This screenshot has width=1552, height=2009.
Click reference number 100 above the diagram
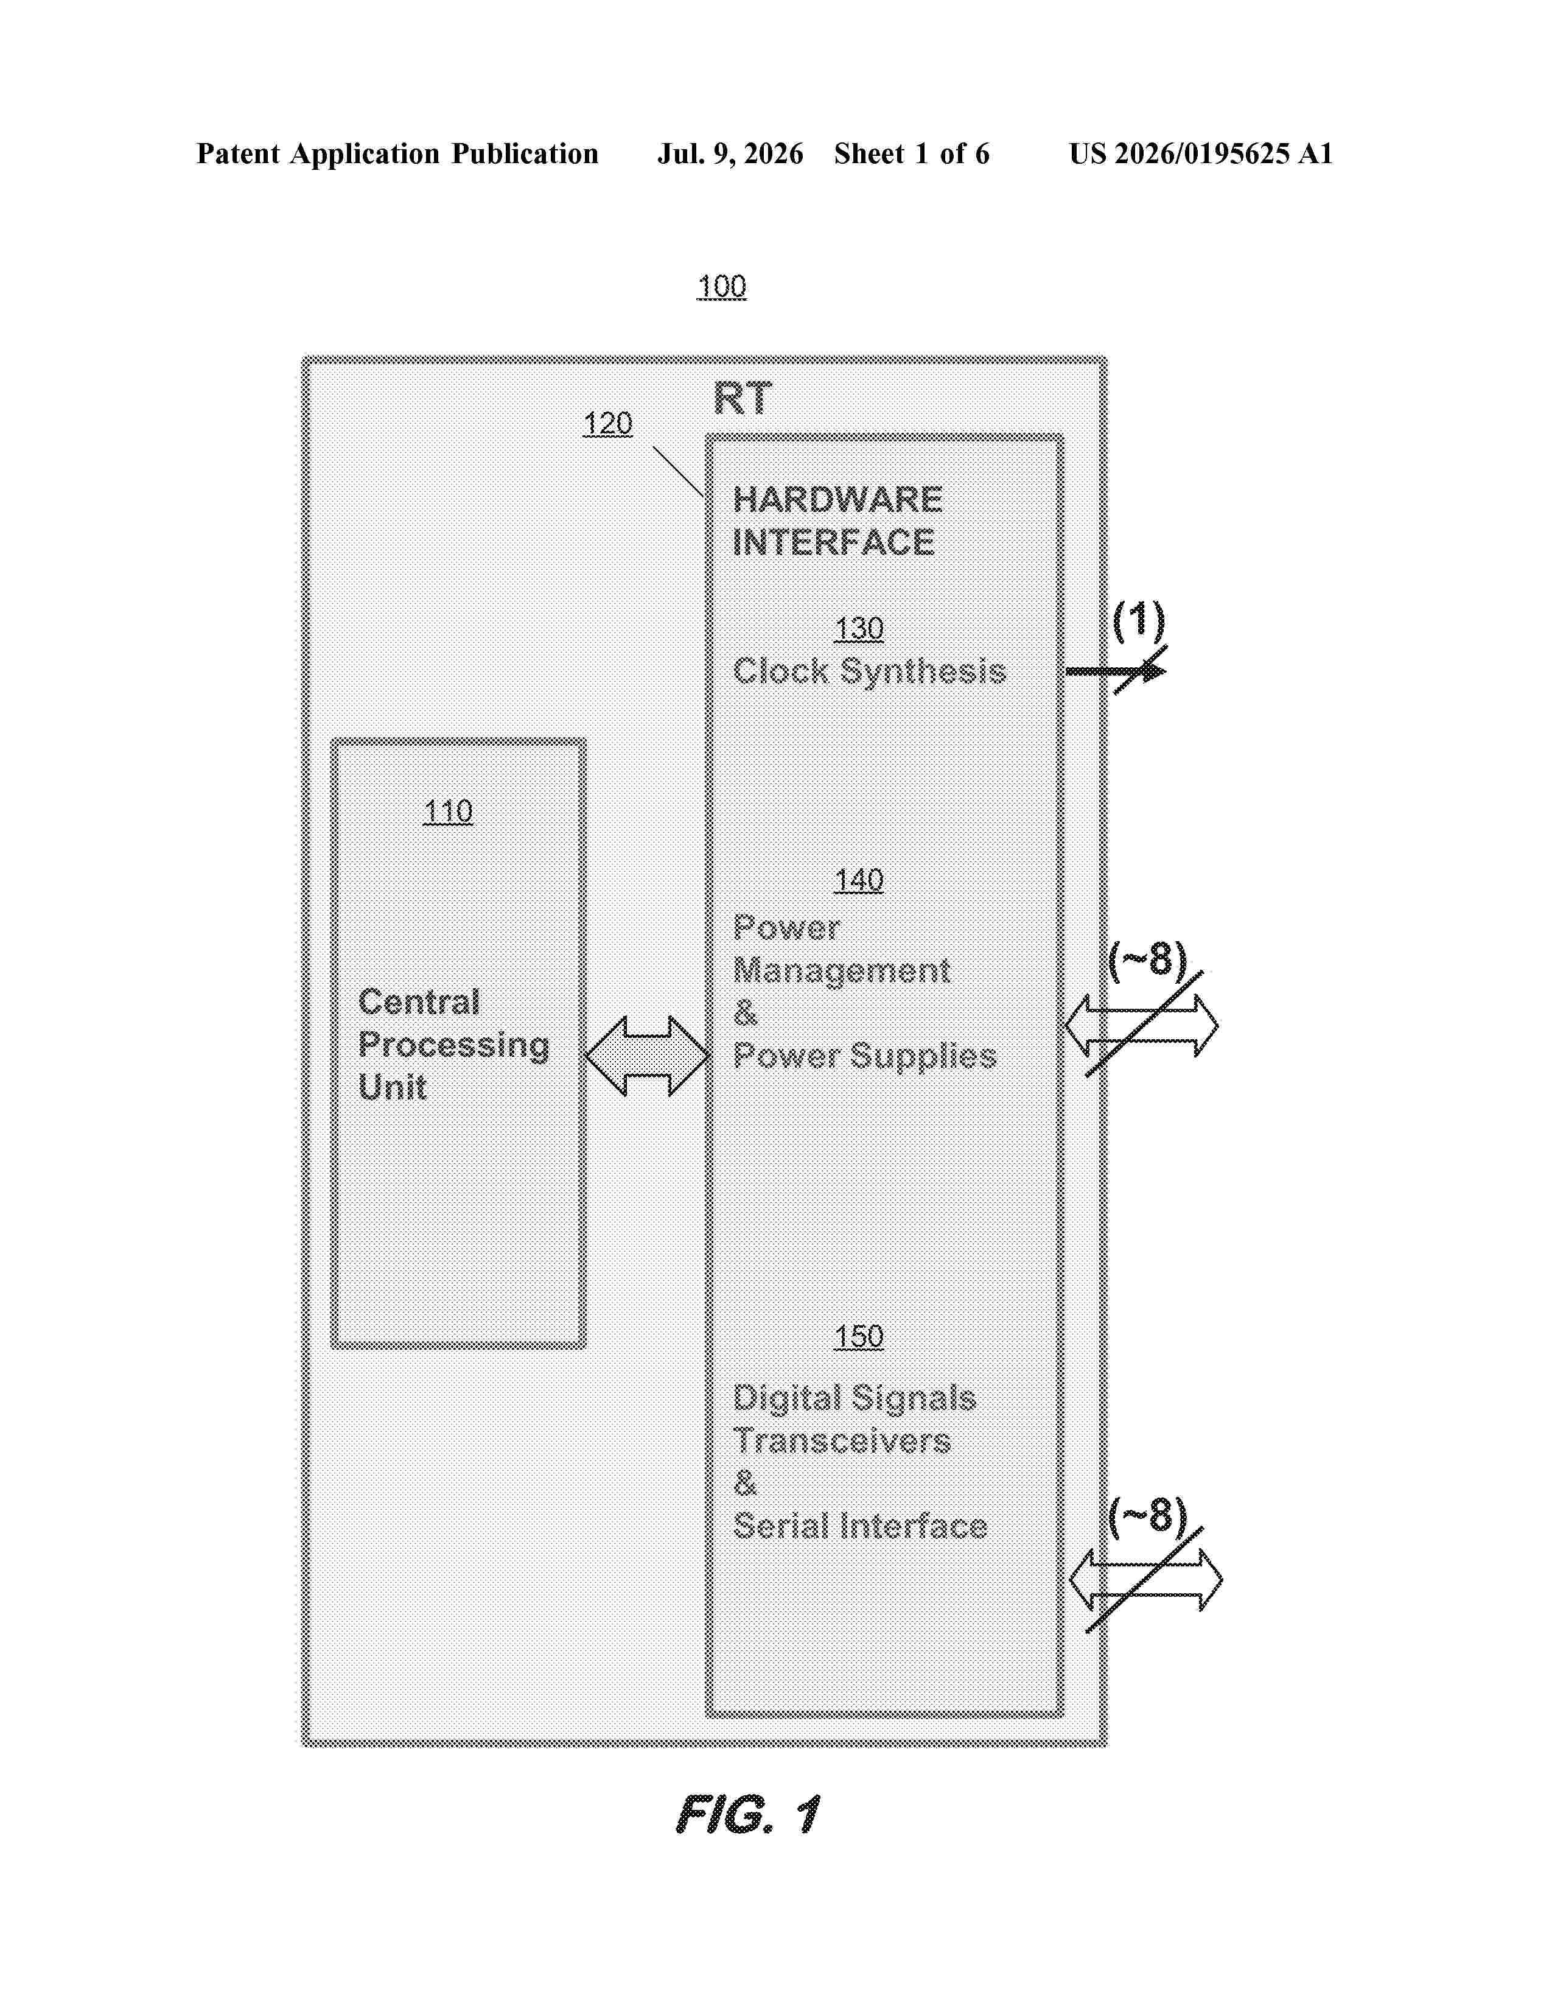point(722,287)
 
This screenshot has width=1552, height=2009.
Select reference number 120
point(608,424)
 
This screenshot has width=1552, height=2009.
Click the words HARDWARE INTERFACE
point(837,521)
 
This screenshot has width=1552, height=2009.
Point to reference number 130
point(859,629)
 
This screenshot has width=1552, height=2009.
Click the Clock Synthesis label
point(869,671)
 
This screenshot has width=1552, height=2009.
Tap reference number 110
point(448,812)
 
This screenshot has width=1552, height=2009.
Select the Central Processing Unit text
point(453,1044)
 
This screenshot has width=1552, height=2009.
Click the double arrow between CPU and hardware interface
point(648,1056)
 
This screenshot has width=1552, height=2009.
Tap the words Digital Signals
point(854,1399)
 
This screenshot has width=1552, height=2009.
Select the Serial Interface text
point(859,1527)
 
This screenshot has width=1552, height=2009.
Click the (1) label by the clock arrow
point(1139,621)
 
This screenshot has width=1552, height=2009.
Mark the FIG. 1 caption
point(747,1815)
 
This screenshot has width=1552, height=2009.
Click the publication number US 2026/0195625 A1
point(1201,153)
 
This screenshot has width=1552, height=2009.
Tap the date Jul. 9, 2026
point(730,153)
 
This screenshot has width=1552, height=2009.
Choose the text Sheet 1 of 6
point(911,153)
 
